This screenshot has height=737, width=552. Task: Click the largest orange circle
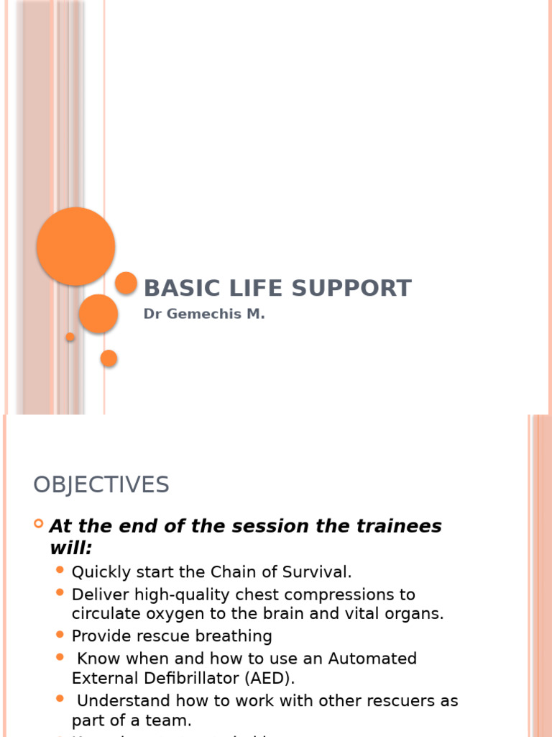point(75,246)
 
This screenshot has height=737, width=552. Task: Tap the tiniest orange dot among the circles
point(70,337)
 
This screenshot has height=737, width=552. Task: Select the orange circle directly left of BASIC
point(126,283)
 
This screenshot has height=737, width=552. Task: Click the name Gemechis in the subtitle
point(199,315)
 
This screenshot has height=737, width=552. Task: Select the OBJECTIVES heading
point(101,484)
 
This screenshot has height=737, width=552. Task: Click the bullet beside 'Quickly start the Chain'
point(60,571)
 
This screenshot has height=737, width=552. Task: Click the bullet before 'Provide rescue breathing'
point(60,635)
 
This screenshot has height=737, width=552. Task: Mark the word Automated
point(372,659)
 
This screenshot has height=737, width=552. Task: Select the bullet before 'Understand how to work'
point(60,699)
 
